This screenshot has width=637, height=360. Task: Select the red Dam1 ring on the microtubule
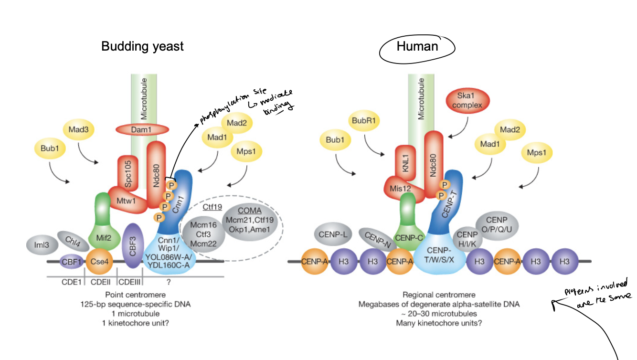[x=142, y=129]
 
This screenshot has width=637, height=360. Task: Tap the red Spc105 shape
[x=128, y=172]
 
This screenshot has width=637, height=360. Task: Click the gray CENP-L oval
[x=332, y=235]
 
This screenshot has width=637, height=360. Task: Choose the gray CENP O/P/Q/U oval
[x=499, y=224]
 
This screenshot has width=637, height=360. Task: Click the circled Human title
[x=417, y=46]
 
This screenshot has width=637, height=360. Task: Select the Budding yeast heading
[x=142, y=46]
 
